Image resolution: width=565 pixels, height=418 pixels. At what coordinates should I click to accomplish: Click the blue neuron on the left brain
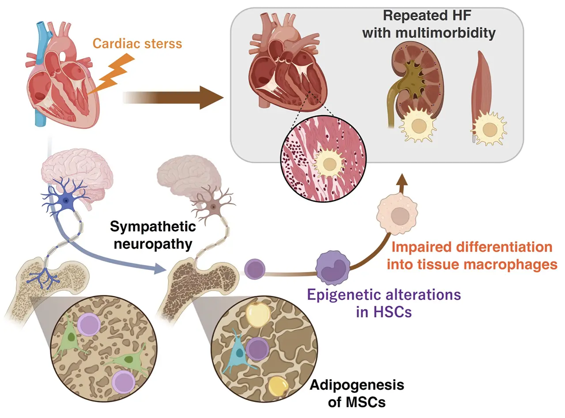click(x=66, y=201)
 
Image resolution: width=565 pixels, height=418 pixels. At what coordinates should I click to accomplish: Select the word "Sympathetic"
click(x=153, y=228)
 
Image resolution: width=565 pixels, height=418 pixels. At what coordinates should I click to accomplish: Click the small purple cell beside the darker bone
click(x=254, y=268)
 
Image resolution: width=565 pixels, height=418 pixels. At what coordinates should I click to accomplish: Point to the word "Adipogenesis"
click(x=357, y=385)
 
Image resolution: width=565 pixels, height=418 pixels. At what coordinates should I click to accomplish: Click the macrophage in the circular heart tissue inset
click(x=329, y=164)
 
